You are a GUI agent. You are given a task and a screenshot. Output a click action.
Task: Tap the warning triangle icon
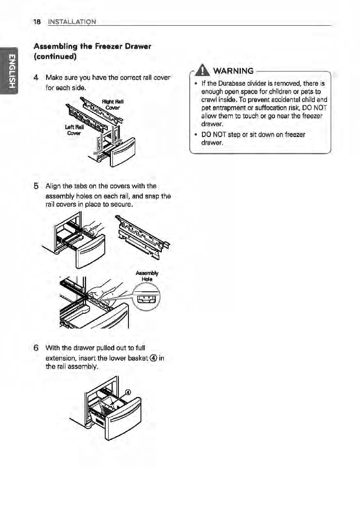(x=197, y=70)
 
